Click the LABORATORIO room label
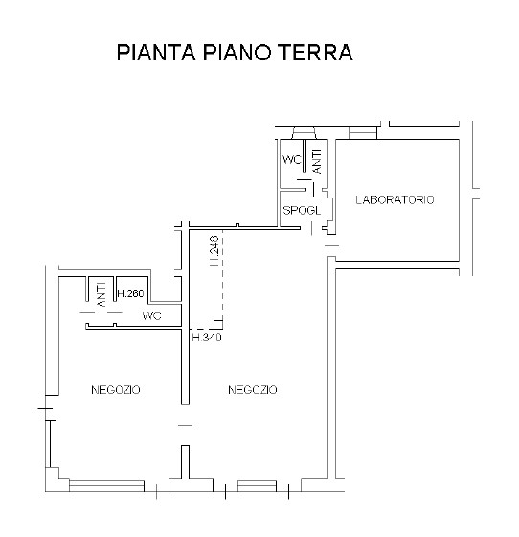(x=395, y=200)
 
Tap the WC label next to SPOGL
(x=291, y=159)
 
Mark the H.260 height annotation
(x=129, y=293)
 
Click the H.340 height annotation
(x=206, y=338)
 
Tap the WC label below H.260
(x=151, y=315)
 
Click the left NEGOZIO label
(x=116, y=390)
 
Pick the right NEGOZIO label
(x=253, y=390)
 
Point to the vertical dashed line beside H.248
(x=223, y=278)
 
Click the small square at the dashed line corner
(x=218, y=324)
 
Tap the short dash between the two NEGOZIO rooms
(x=185, y=425)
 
